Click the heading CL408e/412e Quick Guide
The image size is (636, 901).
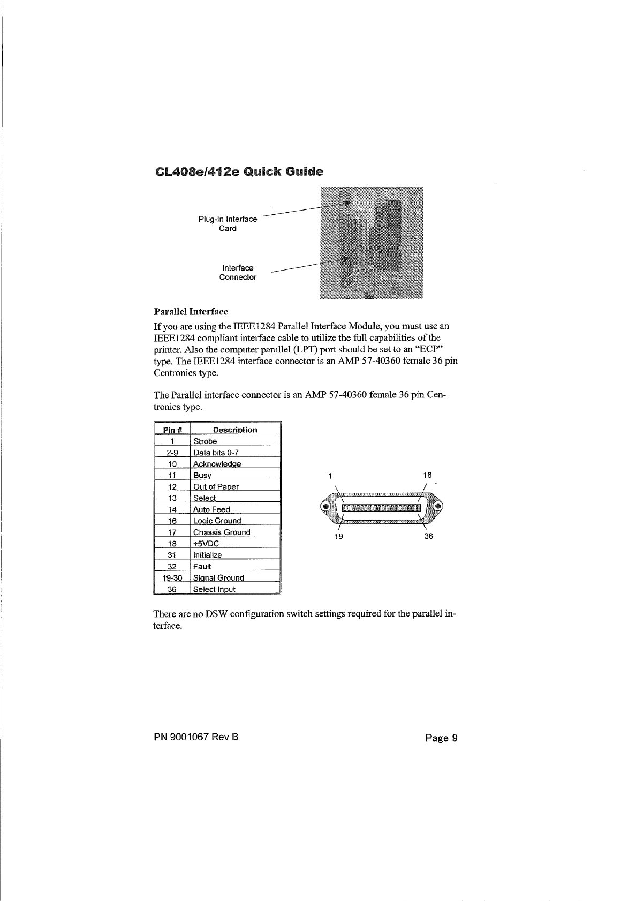click(x=238, y=172)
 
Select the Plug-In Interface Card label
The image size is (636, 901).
click(x=228, y=224)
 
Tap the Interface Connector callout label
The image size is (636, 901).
click(x=238, y=273)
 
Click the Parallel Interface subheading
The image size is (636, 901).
click(x=191, y=311)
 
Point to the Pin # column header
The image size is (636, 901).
click(x=172, y=430)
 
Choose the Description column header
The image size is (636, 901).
click(x=234, y=430)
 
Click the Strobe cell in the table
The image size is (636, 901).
click(x=205, y=441)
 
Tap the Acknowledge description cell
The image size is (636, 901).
click(x=217, y=464)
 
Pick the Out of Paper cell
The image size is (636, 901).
click(x=216, y=487)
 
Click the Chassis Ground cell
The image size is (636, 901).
click(x=222, y=532)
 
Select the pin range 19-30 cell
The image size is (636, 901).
click(x=172, y=578)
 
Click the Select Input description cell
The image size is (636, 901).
click(x=214, y=589)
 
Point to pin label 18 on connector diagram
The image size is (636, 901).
click(x=427, y=475)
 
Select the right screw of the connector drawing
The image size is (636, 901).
click(x=438, y=507)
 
